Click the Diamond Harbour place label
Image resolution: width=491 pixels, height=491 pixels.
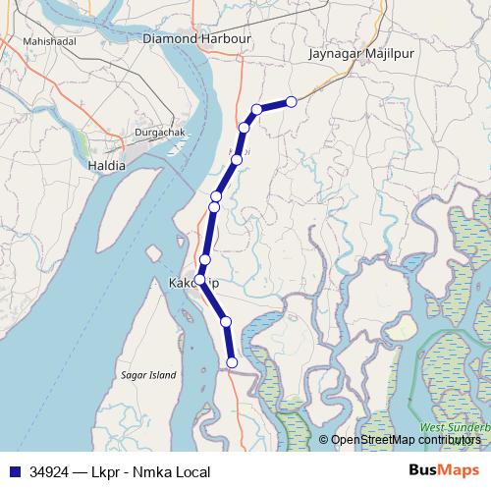pyautogui.click(x=196, y=38)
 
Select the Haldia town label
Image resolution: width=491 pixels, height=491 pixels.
pyautogui.click(x=106, y=165)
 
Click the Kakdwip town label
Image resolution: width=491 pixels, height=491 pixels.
pyautogui.click(x=193, y=283)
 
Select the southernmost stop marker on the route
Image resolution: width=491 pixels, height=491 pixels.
pyautogui.click(x=232, y=362)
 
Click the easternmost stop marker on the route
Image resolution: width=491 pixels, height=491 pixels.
pyautogui.click(x=291, y=101)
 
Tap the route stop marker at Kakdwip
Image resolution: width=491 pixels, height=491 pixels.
pyautogui.click(x=200, y=280)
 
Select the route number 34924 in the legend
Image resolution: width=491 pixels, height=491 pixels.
pyautogui.click(x=50, y=472)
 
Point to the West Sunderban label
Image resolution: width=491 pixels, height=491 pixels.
pyautogui.click(x=455, y=428)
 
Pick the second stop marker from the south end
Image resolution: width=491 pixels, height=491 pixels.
pyautogui.click(x=226, y=321)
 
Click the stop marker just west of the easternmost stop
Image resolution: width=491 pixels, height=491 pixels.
pyautogui.click(x=256, y=109)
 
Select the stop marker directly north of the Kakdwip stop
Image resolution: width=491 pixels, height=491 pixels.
pyautogui.click(x=204, y=259)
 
